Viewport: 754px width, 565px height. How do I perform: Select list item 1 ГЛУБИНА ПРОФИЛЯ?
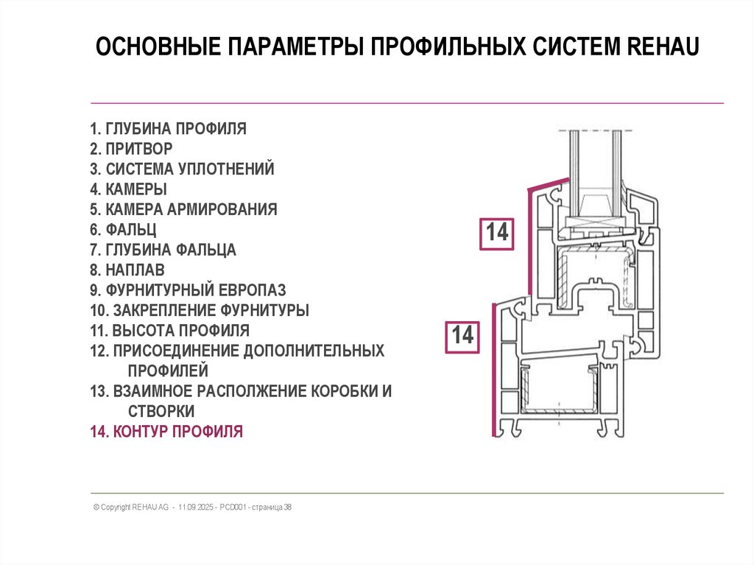point(168,129)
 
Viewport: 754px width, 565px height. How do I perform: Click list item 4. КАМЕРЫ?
point(128,189)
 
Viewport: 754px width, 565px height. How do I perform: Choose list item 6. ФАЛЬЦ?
point(124,230)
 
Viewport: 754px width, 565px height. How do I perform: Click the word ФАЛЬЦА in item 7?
point(204,250)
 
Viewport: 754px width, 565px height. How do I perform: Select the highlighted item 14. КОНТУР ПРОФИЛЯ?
point(166,432)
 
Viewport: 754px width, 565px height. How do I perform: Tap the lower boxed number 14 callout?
point(462,335)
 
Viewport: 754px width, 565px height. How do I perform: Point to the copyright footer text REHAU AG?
point(145,508)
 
